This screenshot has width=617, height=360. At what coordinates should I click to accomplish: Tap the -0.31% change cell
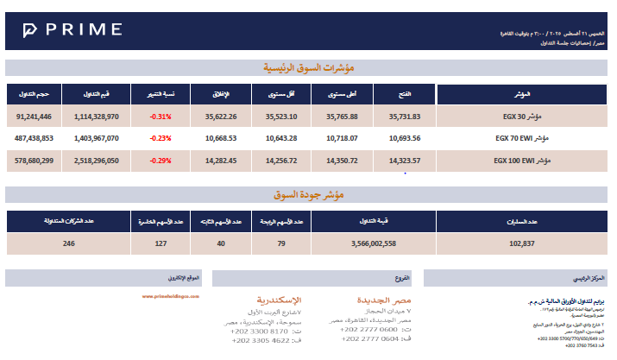(161, 116)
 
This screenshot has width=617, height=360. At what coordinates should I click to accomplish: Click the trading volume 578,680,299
(35, 161)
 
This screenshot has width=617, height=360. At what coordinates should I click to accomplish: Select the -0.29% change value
(161, 161)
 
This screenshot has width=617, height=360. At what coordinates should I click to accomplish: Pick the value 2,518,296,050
(97, 161)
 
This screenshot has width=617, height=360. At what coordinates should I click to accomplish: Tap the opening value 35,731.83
(404, 116)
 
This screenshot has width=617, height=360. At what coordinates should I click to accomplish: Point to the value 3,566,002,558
(362, 244)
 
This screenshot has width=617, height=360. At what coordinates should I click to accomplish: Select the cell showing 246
(70, 244)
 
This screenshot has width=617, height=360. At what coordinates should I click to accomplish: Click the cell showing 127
(161, 244)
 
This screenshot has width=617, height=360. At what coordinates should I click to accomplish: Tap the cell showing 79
(280, 244)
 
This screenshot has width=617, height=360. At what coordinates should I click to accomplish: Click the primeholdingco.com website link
(171, 295)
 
